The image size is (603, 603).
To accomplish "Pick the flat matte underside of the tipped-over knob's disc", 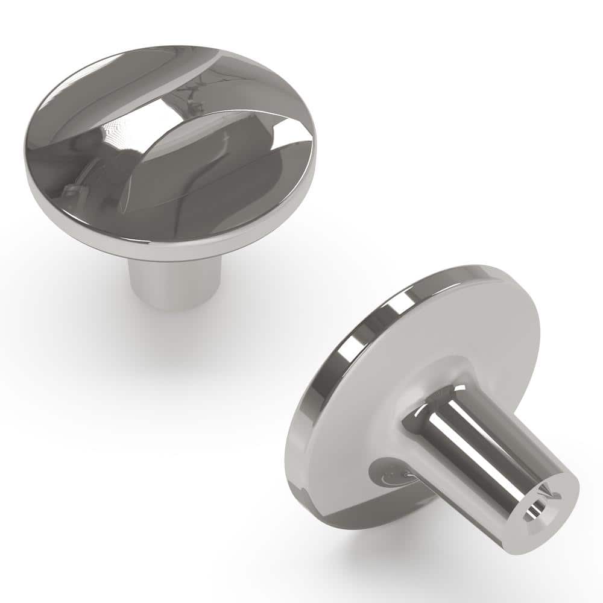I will tap(482, 338).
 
